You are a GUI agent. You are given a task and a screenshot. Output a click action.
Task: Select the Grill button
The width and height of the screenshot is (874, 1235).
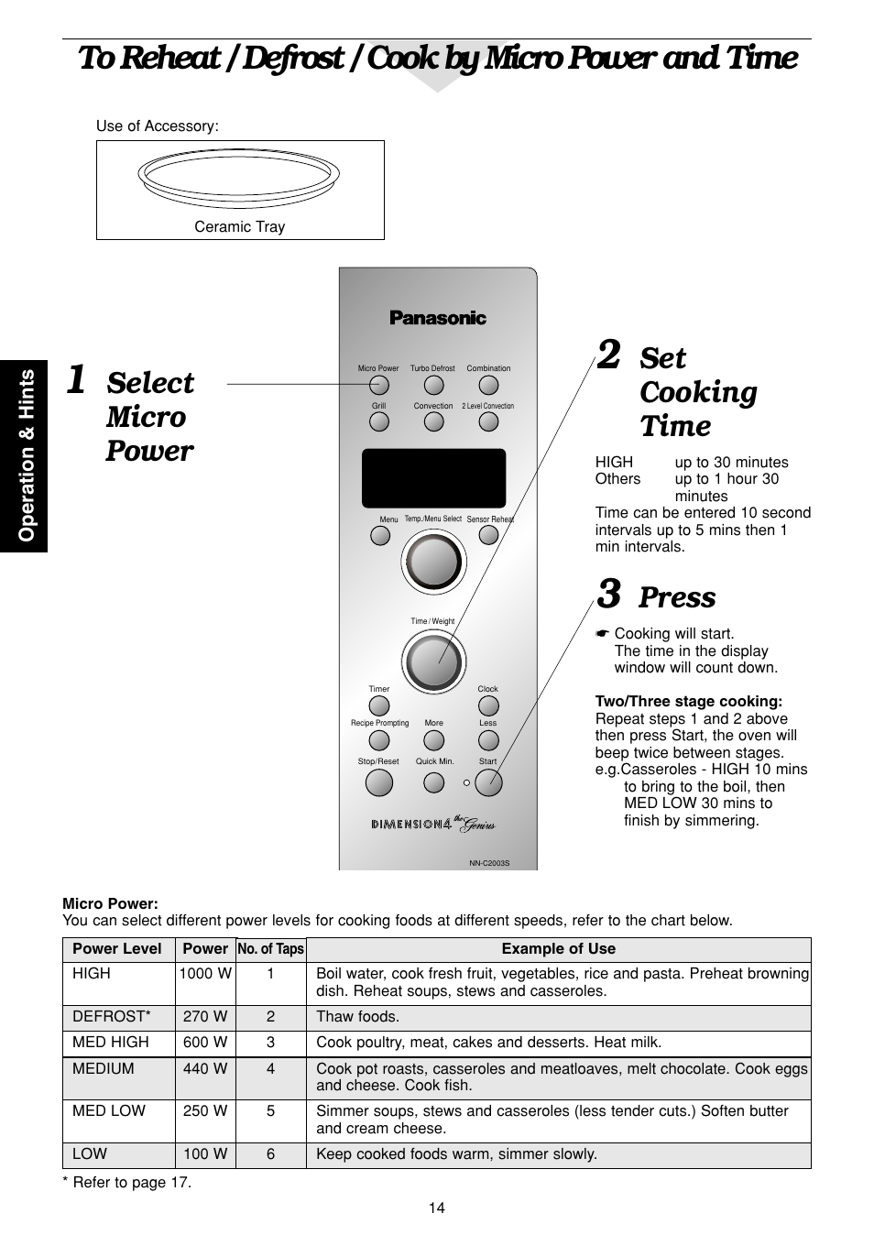click(378, 422)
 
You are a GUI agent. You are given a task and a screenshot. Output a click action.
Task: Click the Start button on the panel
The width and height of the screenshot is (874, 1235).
click(488, 781)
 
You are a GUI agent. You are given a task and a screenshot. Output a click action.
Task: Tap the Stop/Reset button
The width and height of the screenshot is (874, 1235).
click(378, 782)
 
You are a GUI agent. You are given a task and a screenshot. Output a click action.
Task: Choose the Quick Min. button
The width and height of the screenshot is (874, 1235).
click(434, 782)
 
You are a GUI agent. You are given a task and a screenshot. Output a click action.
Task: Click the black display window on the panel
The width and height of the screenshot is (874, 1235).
click(433, 477)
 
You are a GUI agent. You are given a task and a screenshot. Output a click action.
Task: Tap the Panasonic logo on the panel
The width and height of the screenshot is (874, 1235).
click(437, 318)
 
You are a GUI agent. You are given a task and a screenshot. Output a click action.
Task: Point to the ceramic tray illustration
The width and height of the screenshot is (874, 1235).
click(239, 178)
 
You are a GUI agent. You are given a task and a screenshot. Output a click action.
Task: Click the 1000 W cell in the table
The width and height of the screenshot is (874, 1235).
click(205, 974)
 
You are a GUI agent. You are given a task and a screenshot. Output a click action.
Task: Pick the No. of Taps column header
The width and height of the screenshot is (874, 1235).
click(270, 949)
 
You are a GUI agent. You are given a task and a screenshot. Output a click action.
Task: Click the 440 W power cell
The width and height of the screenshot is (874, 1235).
click(205, 1068)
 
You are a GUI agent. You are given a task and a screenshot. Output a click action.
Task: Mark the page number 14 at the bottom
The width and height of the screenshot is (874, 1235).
click(436, 1208)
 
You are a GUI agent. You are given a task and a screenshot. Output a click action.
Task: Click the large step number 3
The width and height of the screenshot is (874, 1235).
click(608, 595)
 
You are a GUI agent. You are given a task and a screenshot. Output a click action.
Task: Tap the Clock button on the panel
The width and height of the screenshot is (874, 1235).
click(488, 705)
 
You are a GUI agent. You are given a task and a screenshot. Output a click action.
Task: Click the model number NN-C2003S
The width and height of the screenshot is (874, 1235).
click(489, 863)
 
